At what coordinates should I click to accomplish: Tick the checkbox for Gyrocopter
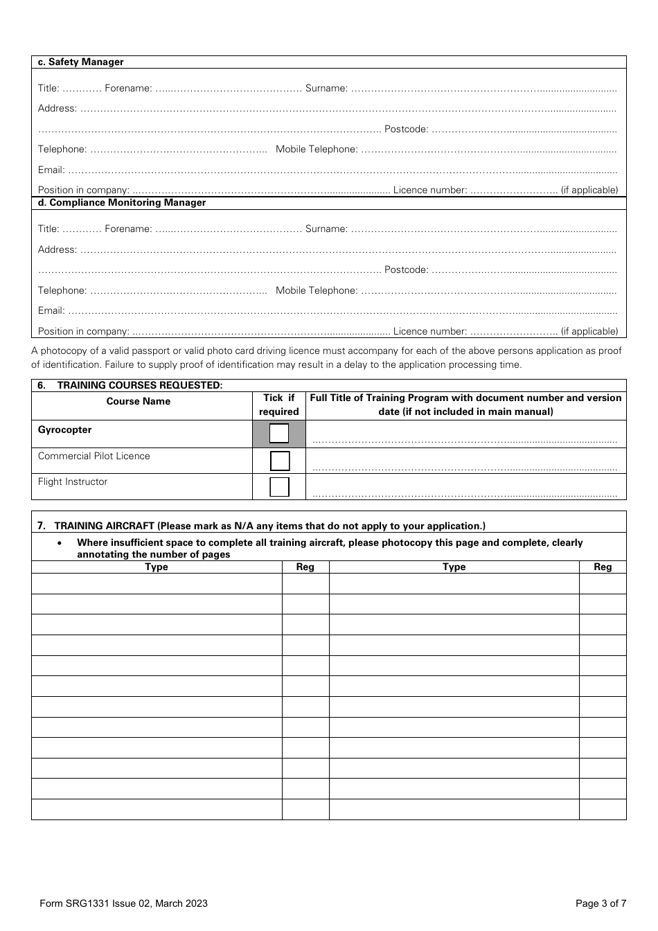click(x=279, y=434)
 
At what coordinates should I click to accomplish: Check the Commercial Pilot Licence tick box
click(x=279, y=461)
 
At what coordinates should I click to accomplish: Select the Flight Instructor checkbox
click(x=279, y=486)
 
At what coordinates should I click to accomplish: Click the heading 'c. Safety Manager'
click(x=80, y=62)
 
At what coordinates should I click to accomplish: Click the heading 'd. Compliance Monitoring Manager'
click(x=121, y=203)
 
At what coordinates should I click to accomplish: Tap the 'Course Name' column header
click(x=139, y=402)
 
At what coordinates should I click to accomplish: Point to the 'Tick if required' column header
click(x=279, y=405)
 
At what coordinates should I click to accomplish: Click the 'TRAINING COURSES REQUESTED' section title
click(x=139, y=385)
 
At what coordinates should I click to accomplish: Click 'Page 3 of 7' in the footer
click(x=601, y=903)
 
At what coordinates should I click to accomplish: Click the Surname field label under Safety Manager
click(x=326, y=89)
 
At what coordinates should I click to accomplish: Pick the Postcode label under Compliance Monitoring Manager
click(x=407, y=270)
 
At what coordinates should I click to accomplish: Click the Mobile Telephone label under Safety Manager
click(x=317, y=150)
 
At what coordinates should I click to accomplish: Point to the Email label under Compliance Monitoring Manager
click(x=51, y=311)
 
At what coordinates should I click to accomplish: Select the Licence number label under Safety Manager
click(x=430, y=190)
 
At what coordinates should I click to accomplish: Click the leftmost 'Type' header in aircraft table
click(x=157, y=567)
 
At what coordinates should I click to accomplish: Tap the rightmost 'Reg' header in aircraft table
click(x=603, y=567)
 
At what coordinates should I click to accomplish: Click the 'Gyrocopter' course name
click(x=64, y=430)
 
